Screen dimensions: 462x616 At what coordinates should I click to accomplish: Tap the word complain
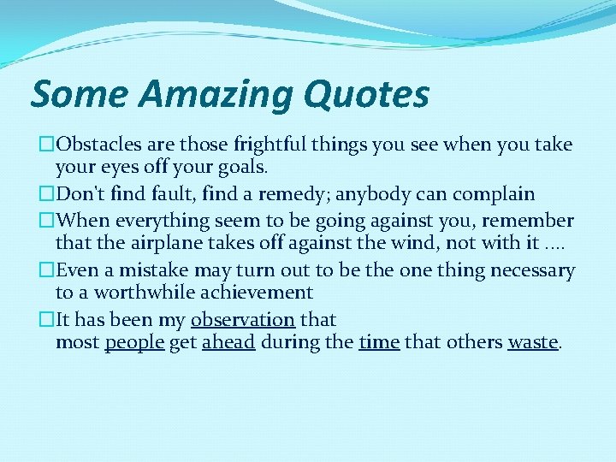coord(493,194)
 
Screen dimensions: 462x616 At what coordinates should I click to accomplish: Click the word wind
coord(414,244)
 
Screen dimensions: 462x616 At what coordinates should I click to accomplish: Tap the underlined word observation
coord(243,319)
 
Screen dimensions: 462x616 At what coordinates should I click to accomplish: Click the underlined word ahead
coord(228,343)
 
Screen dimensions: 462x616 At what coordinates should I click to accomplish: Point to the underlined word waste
coord(532,343)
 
